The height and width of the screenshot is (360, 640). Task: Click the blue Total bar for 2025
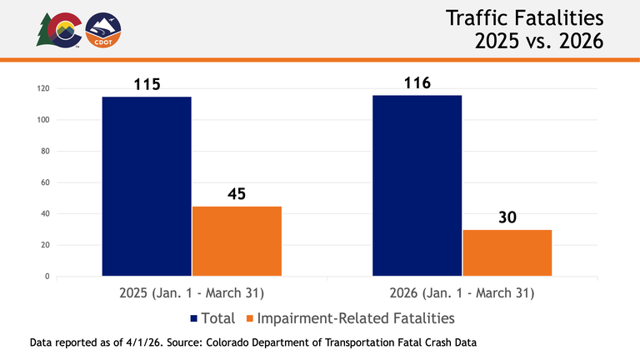(147, 186)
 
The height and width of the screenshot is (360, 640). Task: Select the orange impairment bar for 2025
(237, 241)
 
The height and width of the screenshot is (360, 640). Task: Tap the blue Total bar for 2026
(417, 185)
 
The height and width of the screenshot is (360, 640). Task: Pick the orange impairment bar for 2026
(507, 252)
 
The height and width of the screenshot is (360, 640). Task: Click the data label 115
(147, 84)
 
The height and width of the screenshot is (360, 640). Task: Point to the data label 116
(417, 83)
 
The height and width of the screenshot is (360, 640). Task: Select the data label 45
(237, 193)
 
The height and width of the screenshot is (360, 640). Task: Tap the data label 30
(507, 217)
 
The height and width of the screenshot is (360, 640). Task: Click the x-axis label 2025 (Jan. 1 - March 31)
(192, 293)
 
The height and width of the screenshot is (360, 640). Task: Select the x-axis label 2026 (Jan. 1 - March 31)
(462, 293)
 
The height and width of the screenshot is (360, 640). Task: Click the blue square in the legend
(195, 318)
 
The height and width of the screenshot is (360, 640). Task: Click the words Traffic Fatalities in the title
(522, 17)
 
